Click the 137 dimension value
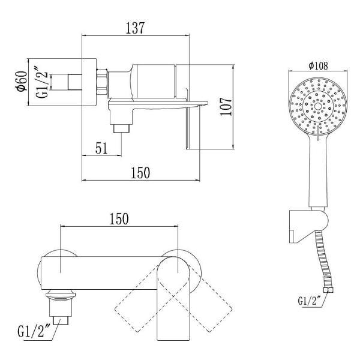(x=135, y=28)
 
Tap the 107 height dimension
(x=226, y=107)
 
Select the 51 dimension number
(x=101, y=148)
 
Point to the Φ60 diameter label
(x=22, y=81)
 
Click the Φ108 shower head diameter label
(x=318, y=66)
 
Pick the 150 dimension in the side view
(x=140, y=173)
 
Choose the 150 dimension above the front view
(x=119, y=219)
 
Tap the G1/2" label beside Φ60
(x=42, y=82)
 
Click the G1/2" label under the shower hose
(x=309, y=301)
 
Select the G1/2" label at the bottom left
(x=34, y=331)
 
